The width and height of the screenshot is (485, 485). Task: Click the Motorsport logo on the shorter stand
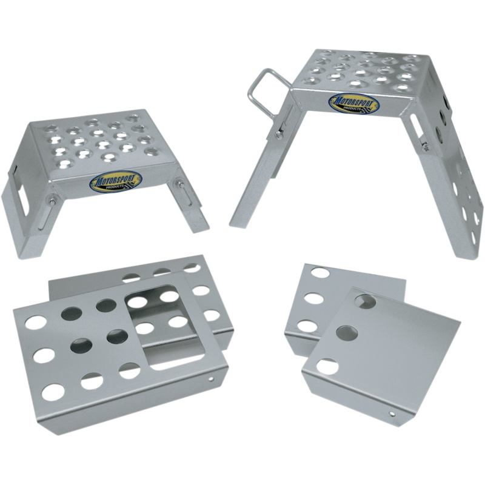[116, 181]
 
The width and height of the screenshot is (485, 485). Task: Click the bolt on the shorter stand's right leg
[180, 184]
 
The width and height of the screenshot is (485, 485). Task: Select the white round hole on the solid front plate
[327, 366]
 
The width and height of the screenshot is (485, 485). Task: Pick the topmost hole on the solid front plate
[365, 300]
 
